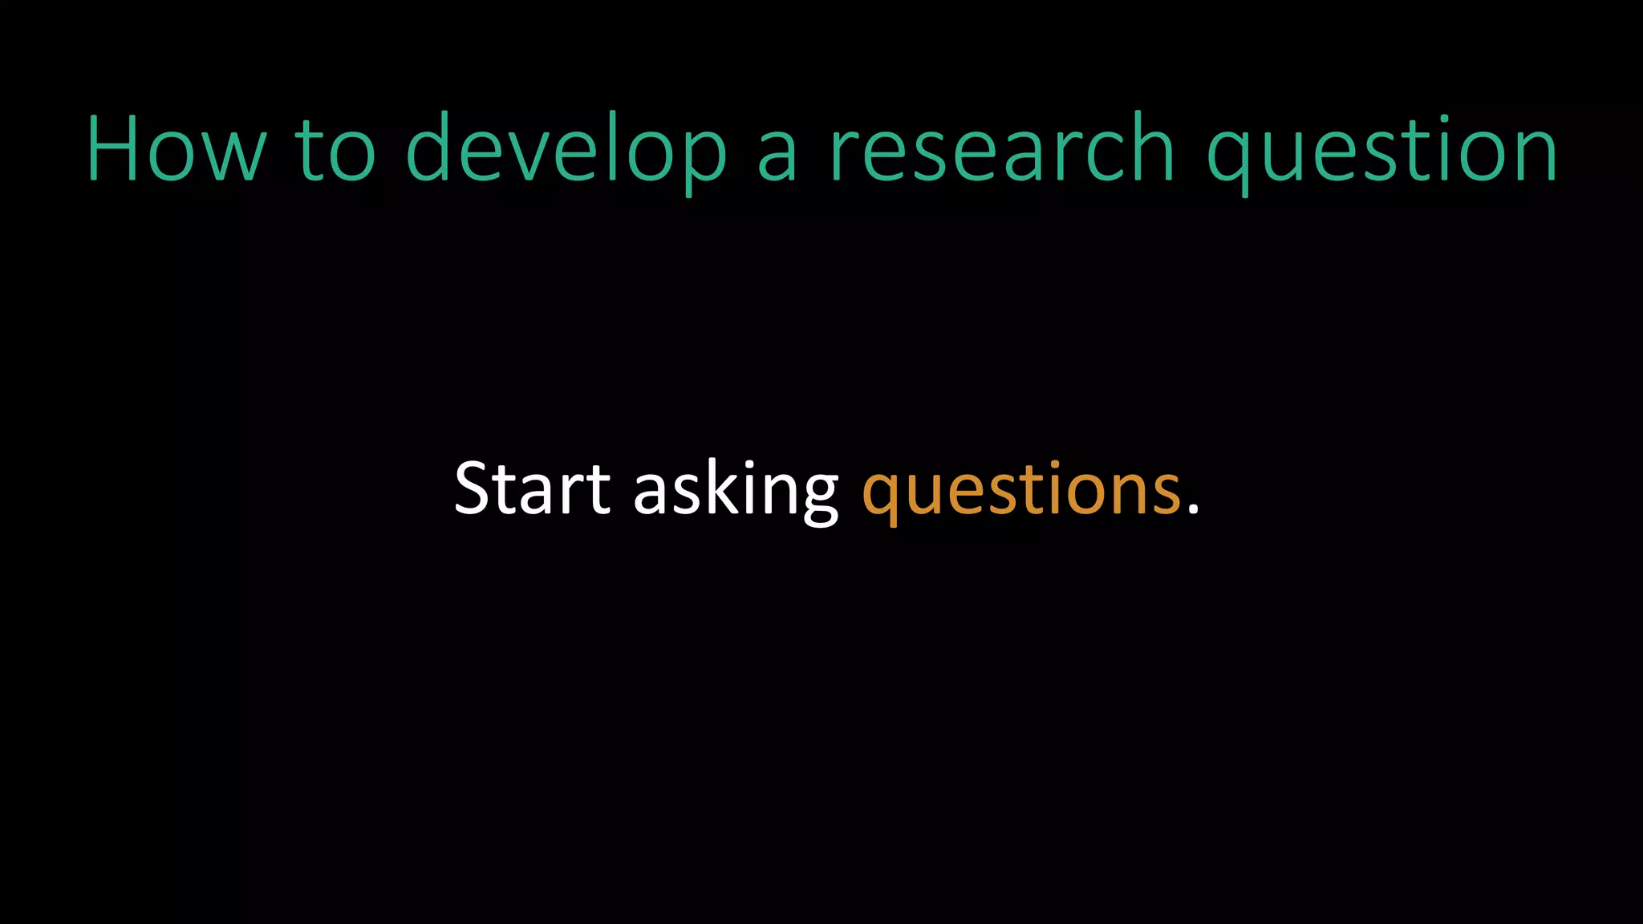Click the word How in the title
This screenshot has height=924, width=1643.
click(176, 150)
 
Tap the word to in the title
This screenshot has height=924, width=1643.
click(335, 150)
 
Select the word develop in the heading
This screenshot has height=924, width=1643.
click(566, 150)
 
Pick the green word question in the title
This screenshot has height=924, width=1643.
click(1381, 150)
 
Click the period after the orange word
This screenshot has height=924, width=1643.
click(1193, 509)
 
